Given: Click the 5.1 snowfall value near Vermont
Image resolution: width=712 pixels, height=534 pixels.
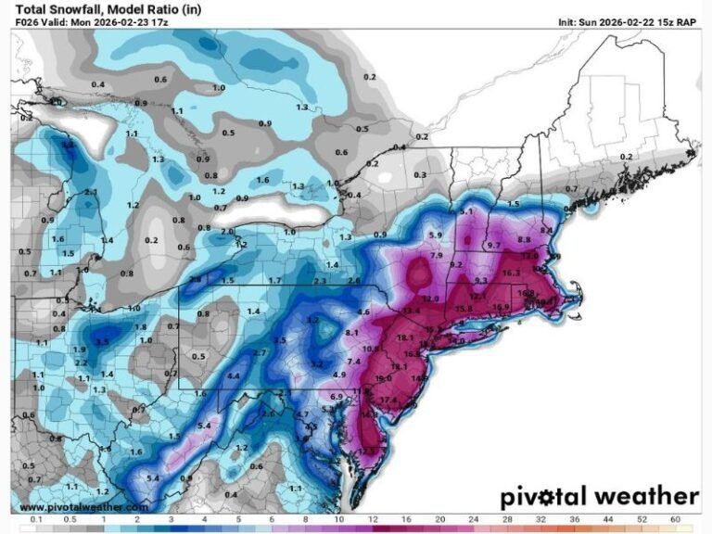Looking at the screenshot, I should (466, 212).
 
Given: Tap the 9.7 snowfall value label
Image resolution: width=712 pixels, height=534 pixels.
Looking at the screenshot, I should (493, 246).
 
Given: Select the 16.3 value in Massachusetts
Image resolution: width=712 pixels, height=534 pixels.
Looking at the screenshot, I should (511, 273).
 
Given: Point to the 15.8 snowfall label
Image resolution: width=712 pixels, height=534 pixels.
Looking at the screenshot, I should (464, 308).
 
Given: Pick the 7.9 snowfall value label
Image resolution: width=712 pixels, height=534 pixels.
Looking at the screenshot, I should (436, 255).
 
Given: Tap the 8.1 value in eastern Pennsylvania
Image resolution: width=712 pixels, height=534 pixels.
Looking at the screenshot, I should (351, 332).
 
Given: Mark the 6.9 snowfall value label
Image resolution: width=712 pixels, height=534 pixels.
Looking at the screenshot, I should (337, 397).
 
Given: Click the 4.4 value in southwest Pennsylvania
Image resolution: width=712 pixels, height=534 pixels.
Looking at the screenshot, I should (234, 375).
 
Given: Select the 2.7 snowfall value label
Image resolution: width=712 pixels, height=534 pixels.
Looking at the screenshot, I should (260, 353).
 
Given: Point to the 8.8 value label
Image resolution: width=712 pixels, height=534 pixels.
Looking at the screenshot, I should (524, 240).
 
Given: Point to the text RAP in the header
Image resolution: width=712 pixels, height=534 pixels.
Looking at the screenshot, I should (685, 21).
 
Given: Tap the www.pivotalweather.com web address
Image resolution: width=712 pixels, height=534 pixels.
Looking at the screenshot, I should (82, 506).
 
